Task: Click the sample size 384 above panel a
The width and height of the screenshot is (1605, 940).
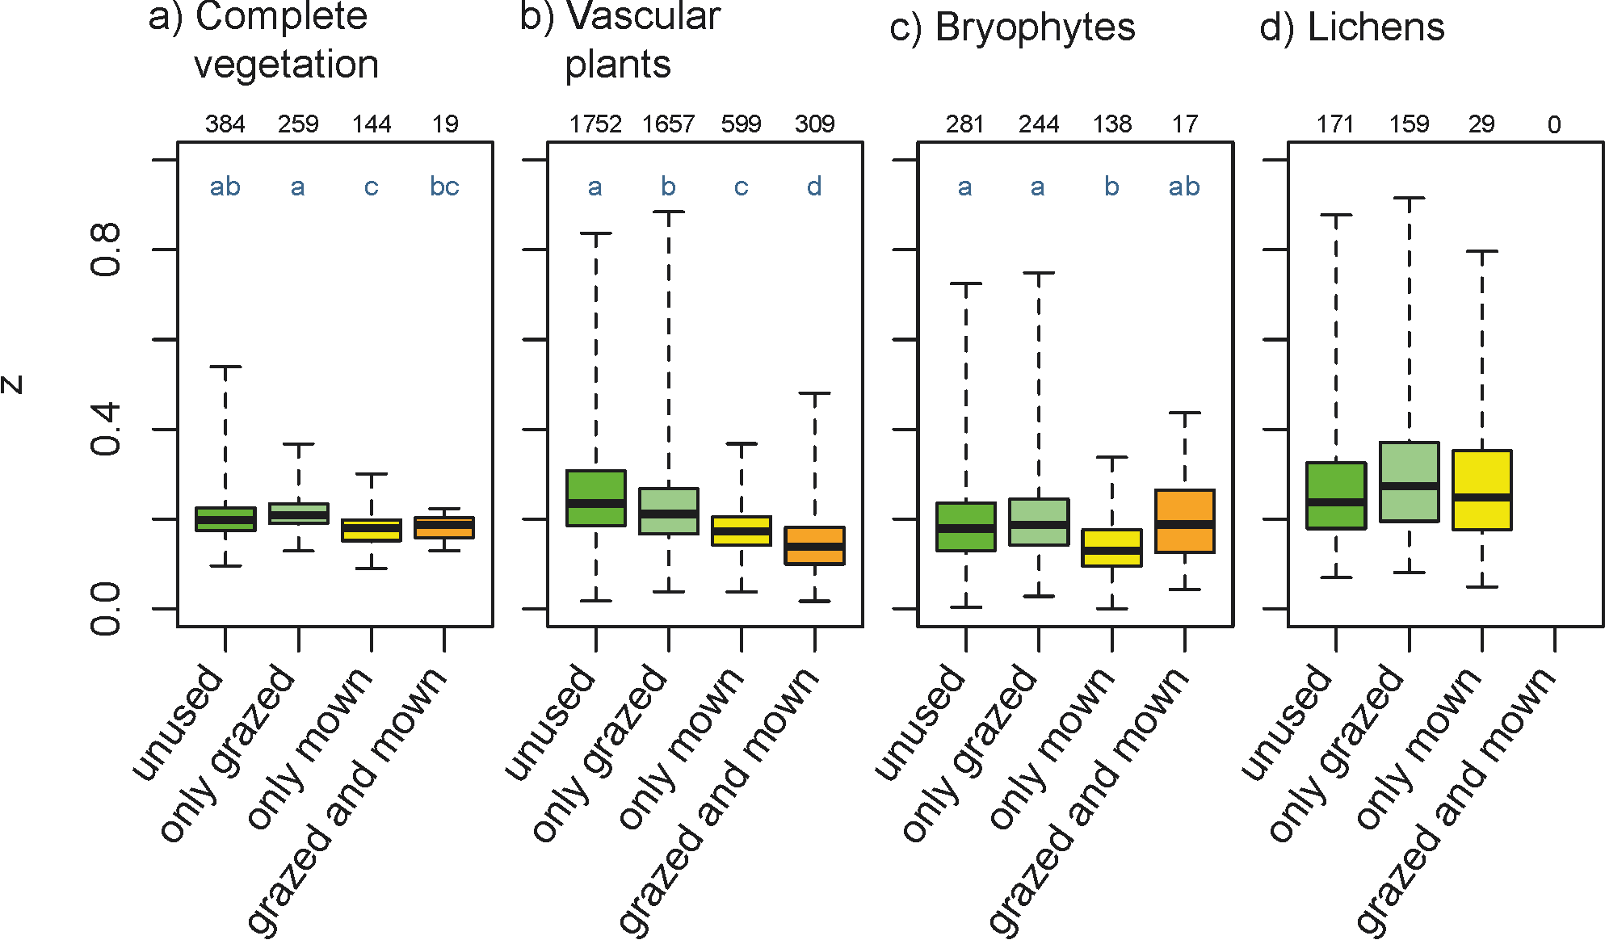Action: click(225, 124)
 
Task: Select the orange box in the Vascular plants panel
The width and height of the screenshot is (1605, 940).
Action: click(814, 546)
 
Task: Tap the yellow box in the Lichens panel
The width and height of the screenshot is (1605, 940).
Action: click(1481, 490)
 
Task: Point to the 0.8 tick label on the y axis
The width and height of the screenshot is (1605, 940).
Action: click(106, 250)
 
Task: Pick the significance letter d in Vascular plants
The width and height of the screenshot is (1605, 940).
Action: click(814, 187)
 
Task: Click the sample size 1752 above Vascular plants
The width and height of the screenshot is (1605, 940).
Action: click(595, 124)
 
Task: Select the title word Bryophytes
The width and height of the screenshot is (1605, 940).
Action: click(1035, 27)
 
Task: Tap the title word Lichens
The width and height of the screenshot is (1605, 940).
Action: click(1376, 27)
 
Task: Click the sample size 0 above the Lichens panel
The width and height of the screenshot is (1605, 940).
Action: click(1554, 124)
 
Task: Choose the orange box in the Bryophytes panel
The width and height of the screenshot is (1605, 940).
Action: click(1184, 521)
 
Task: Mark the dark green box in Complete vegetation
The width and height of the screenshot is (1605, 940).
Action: click(225, 519)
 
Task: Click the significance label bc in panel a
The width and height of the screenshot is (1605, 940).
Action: click(444, 187)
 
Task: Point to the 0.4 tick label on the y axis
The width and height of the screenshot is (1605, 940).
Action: click(106, 430)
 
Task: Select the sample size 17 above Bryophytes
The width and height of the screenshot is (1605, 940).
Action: click(1185, 124)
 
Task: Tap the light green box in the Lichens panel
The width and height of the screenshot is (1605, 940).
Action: click(1409, 482)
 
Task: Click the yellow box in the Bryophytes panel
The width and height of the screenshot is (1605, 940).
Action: click(1111, 548)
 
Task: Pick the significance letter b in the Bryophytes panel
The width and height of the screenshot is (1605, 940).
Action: click(1111, 187)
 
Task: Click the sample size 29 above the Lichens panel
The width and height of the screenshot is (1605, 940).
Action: click(1481, 124)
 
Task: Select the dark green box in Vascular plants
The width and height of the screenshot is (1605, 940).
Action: click(596, 498)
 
